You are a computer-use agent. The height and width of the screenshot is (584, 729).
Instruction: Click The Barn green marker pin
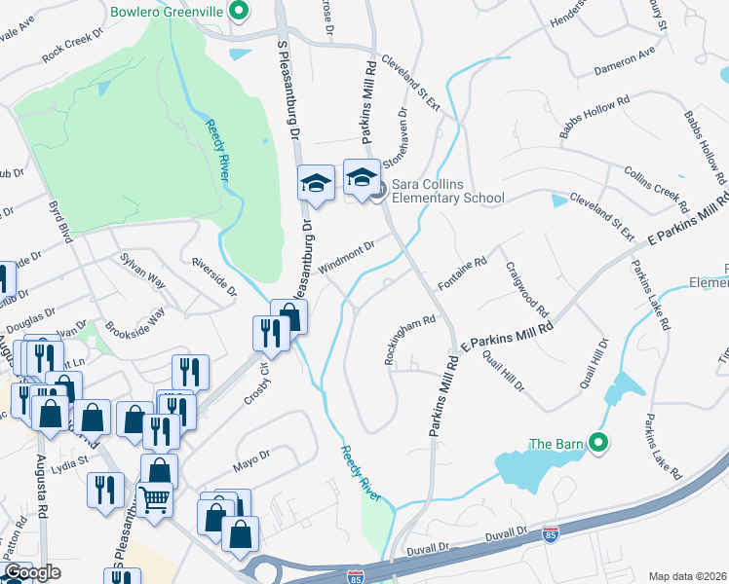pos(599,445)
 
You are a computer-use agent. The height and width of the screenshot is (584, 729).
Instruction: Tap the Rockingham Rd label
pos(408,338)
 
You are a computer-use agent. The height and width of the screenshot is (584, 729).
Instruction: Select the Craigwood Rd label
pos(526,289)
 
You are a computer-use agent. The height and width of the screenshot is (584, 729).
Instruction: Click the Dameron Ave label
pos(625,62)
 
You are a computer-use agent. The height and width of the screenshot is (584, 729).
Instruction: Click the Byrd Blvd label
pos(61,222)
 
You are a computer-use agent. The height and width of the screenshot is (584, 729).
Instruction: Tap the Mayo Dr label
pos(250,456)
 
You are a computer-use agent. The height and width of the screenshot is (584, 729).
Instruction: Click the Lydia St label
pos(69,457)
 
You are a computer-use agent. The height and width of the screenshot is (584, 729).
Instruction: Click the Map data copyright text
pos(687,575)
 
